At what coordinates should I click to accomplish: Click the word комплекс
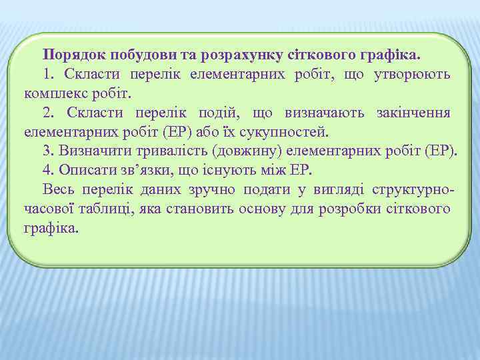click(55, 92)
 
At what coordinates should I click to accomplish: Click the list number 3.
click(47, 150)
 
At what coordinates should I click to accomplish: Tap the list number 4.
click(47, 169)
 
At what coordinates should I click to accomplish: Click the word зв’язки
click(153, 169)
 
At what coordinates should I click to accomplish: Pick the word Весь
click(57, 189)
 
